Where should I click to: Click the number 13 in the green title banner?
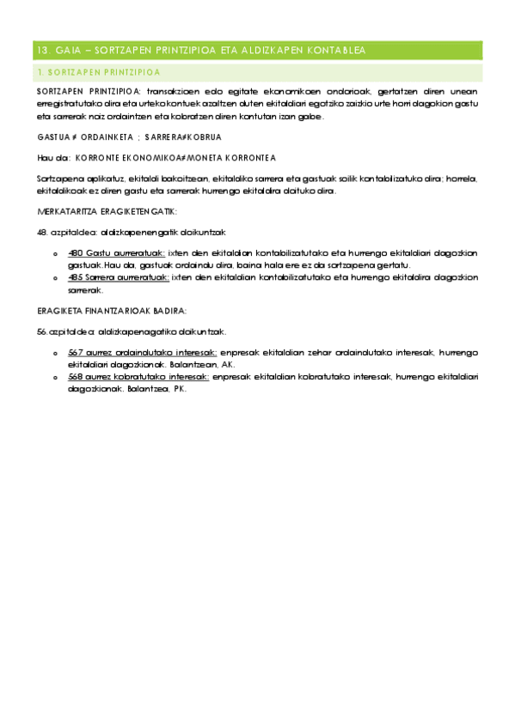tap(37, 51)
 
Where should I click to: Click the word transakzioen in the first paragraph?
tap(175, 90)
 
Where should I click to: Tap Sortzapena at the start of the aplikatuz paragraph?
tap(56, 179)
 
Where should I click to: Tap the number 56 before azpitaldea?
tap(41, 331)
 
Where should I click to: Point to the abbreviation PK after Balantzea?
tap(180, 388)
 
